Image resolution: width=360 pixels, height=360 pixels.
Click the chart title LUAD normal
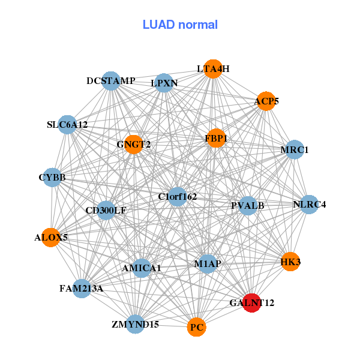[180, 25]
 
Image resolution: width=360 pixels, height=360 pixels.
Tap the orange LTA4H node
[213, 69]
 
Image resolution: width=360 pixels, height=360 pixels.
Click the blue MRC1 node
[294, 149]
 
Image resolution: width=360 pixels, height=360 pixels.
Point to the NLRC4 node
[309, 205]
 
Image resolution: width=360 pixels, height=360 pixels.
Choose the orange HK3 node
[290, 262]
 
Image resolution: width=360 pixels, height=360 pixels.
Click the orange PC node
[197, 328]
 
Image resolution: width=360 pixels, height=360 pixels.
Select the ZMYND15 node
[136, 324]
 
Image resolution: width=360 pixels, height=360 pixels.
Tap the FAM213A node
[82, 289]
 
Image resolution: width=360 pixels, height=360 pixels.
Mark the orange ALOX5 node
[52, 238]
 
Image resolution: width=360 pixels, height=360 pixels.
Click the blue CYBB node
[52, 178]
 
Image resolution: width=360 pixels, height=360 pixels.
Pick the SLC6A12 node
[67, 125]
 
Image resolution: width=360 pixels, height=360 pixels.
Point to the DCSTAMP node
[111, 80]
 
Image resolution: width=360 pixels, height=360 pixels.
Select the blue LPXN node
[164, 83]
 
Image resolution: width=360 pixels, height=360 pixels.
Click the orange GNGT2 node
[133, 144]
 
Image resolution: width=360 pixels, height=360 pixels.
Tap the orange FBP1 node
[215, 139]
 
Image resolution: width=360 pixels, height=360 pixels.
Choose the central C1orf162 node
[177, 196]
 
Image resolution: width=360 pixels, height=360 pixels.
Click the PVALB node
[248, 206]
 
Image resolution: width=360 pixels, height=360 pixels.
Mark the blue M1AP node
[207, 264]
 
